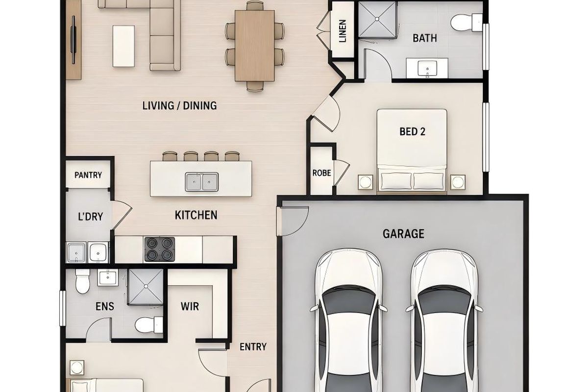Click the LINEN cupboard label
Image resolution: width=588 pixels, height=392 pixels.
[343, 31]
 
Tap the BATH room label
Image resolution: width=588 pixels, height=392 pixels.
[425, 38]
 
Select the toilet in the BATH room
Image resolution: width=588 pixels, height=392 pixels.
[466, 23]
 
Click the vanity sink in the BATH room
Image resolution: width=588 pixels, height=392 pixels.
[427, 68]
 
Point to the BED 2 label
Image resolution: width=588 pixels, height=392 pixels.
[412, 131]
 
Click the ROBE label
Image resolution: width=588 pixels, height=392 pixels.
[321, 173]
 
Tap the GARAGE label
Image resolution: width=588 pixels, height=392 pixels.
[403, 234]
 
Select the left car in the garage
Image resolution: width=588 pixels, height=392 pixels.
[348, 320]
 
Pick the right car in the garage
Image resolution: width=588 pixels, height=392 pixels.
[444, 320]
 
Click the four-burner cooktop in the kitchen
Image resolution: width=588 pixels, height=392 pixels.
[160, 249]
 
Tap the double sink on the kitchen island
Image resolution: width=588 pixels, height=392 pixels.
[201, 182]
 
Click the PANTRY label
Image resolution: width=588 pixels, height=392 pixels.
[88, 175]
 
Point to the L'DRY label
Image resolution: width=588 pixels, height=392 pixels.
[90, 217]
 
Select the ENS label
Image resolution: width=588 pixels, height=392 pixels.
[105, 306]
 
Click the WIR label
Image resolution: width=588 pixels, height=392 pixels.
[190, 306]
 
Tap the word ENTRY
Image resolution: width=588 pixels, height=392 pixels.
[253, 347]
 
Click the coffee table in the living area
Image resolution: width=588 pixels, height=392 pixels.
[123, 46]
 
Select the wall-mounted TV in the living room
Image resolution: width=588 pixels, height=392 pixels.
[73, 40]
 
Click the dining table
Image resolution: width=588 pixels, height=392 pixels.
[255, 46]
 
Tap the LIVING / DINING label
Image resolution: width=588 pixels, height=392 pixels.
[179, 105]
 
